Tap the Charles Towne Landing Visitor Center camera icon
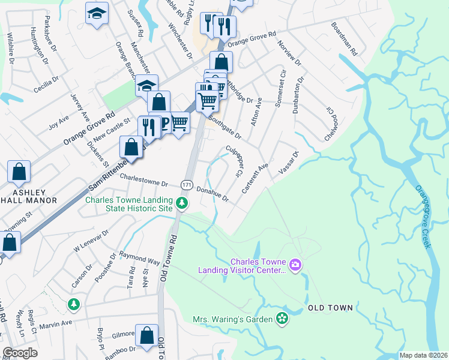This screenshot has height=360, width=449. click(x=295, y=264)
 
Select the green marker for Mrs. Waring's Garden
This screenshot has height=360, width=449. click(x=282, y=318)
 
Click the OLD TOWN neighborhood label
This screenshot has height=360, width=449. click(x=330, y=308)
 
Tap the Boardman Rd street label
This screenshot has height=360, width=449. click(x=344, y=40)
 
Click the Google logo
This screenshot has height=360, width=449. click(x=20, y=353)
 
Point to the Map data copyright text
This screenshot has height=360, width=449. click(x=423, y=355)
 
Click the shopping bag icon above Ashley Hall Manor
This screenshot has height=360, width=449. click(x=19, y=172)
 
